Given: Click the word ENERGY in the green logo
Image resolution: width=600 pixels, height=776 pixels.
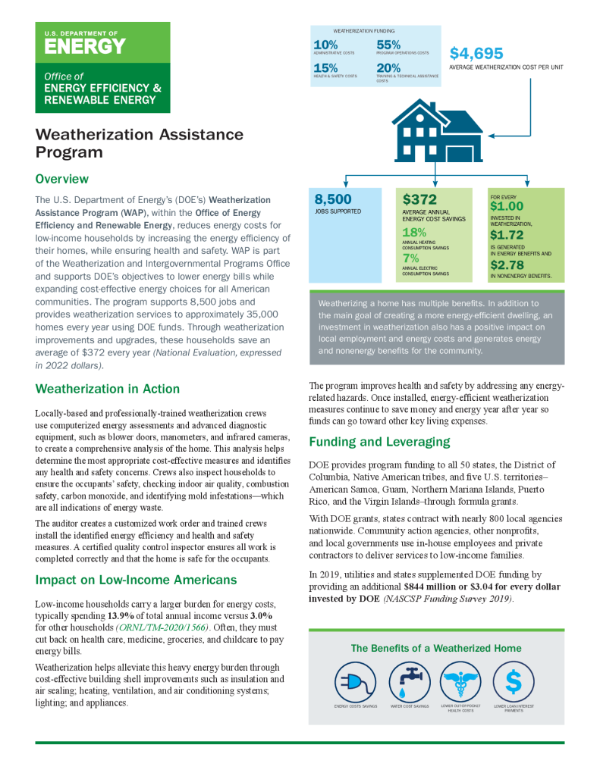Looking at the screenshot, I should click(84, 46).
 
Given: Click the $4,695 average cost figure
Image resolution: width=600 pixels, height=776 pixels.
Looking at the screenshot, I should click(476, 54).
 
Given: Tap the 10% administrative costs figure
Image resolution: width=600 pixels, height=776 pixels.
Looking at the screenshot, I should click(325, 45).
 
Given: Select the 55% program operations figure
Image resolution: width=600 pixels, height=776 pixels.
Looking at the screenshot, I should click(388, 45).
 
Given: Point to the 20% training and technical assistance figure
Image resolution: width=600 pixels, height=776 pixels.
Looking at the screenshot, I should click(388, 68).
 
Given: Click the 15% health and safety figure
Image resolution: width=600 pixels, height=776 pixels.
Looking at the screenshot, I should click(325, 68).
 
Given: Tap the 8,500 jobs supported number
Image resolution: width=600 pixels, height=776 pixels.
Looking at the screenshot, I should click(333, 199).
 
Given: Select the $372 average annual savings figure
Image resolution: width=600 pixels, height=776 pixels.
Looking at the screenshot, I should click(419, 200).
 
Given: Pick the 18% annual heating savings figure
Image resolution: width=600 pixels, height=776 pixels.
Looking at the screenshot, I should click(414, 233).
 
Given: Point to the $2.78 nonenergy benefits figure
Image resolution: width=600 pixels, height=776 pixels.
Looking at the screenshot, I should click(507, 266).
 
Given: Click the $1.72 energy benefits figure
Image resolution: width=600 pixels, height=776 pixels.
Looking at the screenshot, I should click(507, 236).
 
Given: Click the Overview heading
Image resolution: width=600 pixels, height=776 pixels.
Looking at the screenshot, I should click(62, 180).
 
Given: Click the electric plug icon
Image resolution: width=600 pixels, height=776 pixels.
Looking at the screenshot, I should click(356, 682).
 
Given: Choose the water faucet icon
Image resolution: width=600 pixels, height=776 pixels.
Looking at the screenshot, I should click(410, 682).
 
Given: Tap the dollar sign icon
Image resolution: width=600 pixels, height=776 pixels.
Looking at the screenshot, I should click(514, 682).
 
